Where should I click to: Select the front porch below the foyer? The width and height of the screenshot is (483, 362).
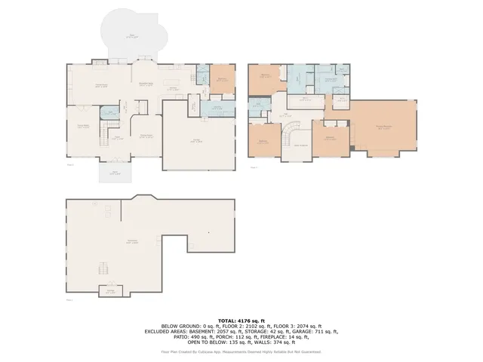tap(115, 173)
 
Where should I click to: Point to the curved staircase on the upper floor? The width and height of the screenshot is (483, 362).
tap(289, 138)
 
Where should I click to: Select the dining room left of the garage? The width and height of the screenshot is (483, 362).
tap(148, 136)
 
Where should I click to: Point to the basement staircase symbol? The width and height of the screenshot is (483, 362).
tap(104, 268)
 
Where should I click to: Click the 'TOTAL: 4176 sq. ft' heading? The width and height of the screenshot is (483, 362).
tap(241, 320)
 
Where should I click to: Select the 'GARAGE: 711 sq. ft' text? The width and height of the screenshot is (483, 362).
tap(318, 331)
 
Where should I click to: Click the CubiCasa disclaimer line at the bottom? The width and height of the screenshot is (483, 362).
tap(241, 351)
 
